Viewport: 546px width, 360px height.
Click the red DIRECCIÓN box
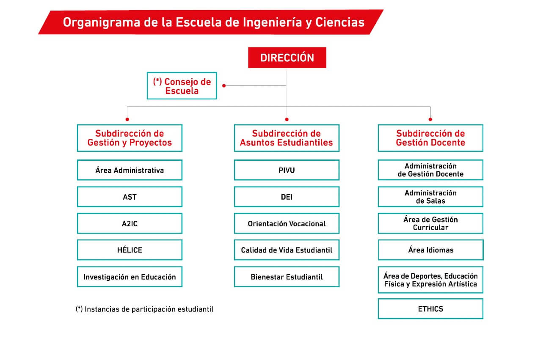click(287, 58)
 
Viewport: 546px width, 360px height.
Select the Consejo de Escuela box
click(182, 86)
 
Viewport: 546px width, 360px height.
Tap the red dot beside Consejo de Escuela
click(224, 86)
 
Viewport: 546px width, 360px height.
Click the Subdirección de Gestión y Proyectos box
click(130, 138)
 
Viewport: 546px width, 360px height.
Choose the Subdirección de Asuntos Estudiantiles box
click(287, 138)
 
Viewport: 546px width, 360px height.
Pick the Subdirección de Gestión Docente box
click(430, 138)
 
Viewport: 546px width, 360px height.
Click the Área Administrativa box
click(130, 170)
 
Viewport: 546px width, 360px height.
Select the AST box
click(130, 197)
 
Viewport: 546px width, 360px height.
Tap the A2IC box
click(130, 223)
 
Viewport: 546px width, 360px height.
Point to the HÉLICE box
click(130, 250)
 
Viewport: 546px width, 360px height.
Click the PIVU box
click(287, 170)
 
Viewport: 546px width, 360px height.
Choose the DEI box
click(287, 197)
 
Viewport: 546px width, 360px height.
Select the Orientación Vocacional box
click(287, 223)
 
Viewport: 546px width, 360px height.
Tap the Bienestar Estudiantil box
click(287, 277)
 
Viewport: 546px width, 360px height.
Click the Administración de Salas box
click(430, 197)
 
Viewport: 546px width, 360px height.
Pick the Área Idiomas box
click(430, 250)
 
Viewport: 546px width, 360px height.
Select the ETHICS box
click(430, 309)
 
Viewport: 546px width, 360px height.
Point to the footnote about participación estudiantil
click(145, 309)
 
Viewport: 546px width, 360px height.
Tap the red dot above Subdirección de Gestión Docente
click(430, 119)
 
